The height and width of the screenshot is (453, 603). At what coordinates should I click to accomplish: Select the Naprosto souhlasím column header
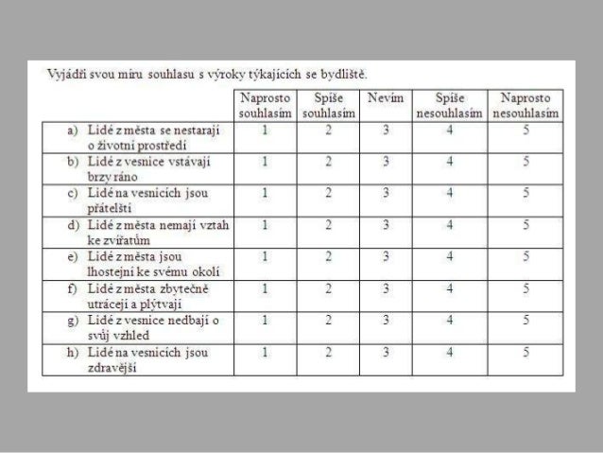point(265,105)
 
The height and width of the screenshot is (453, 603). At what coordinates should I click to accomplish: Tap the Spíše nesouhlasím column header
point(450,105)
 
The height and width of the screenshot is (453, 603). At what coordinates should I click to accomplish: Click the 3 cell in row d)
point(385,225)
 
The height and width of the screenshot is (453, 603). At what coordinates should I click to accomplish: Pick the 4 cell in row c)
point(450,193)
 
